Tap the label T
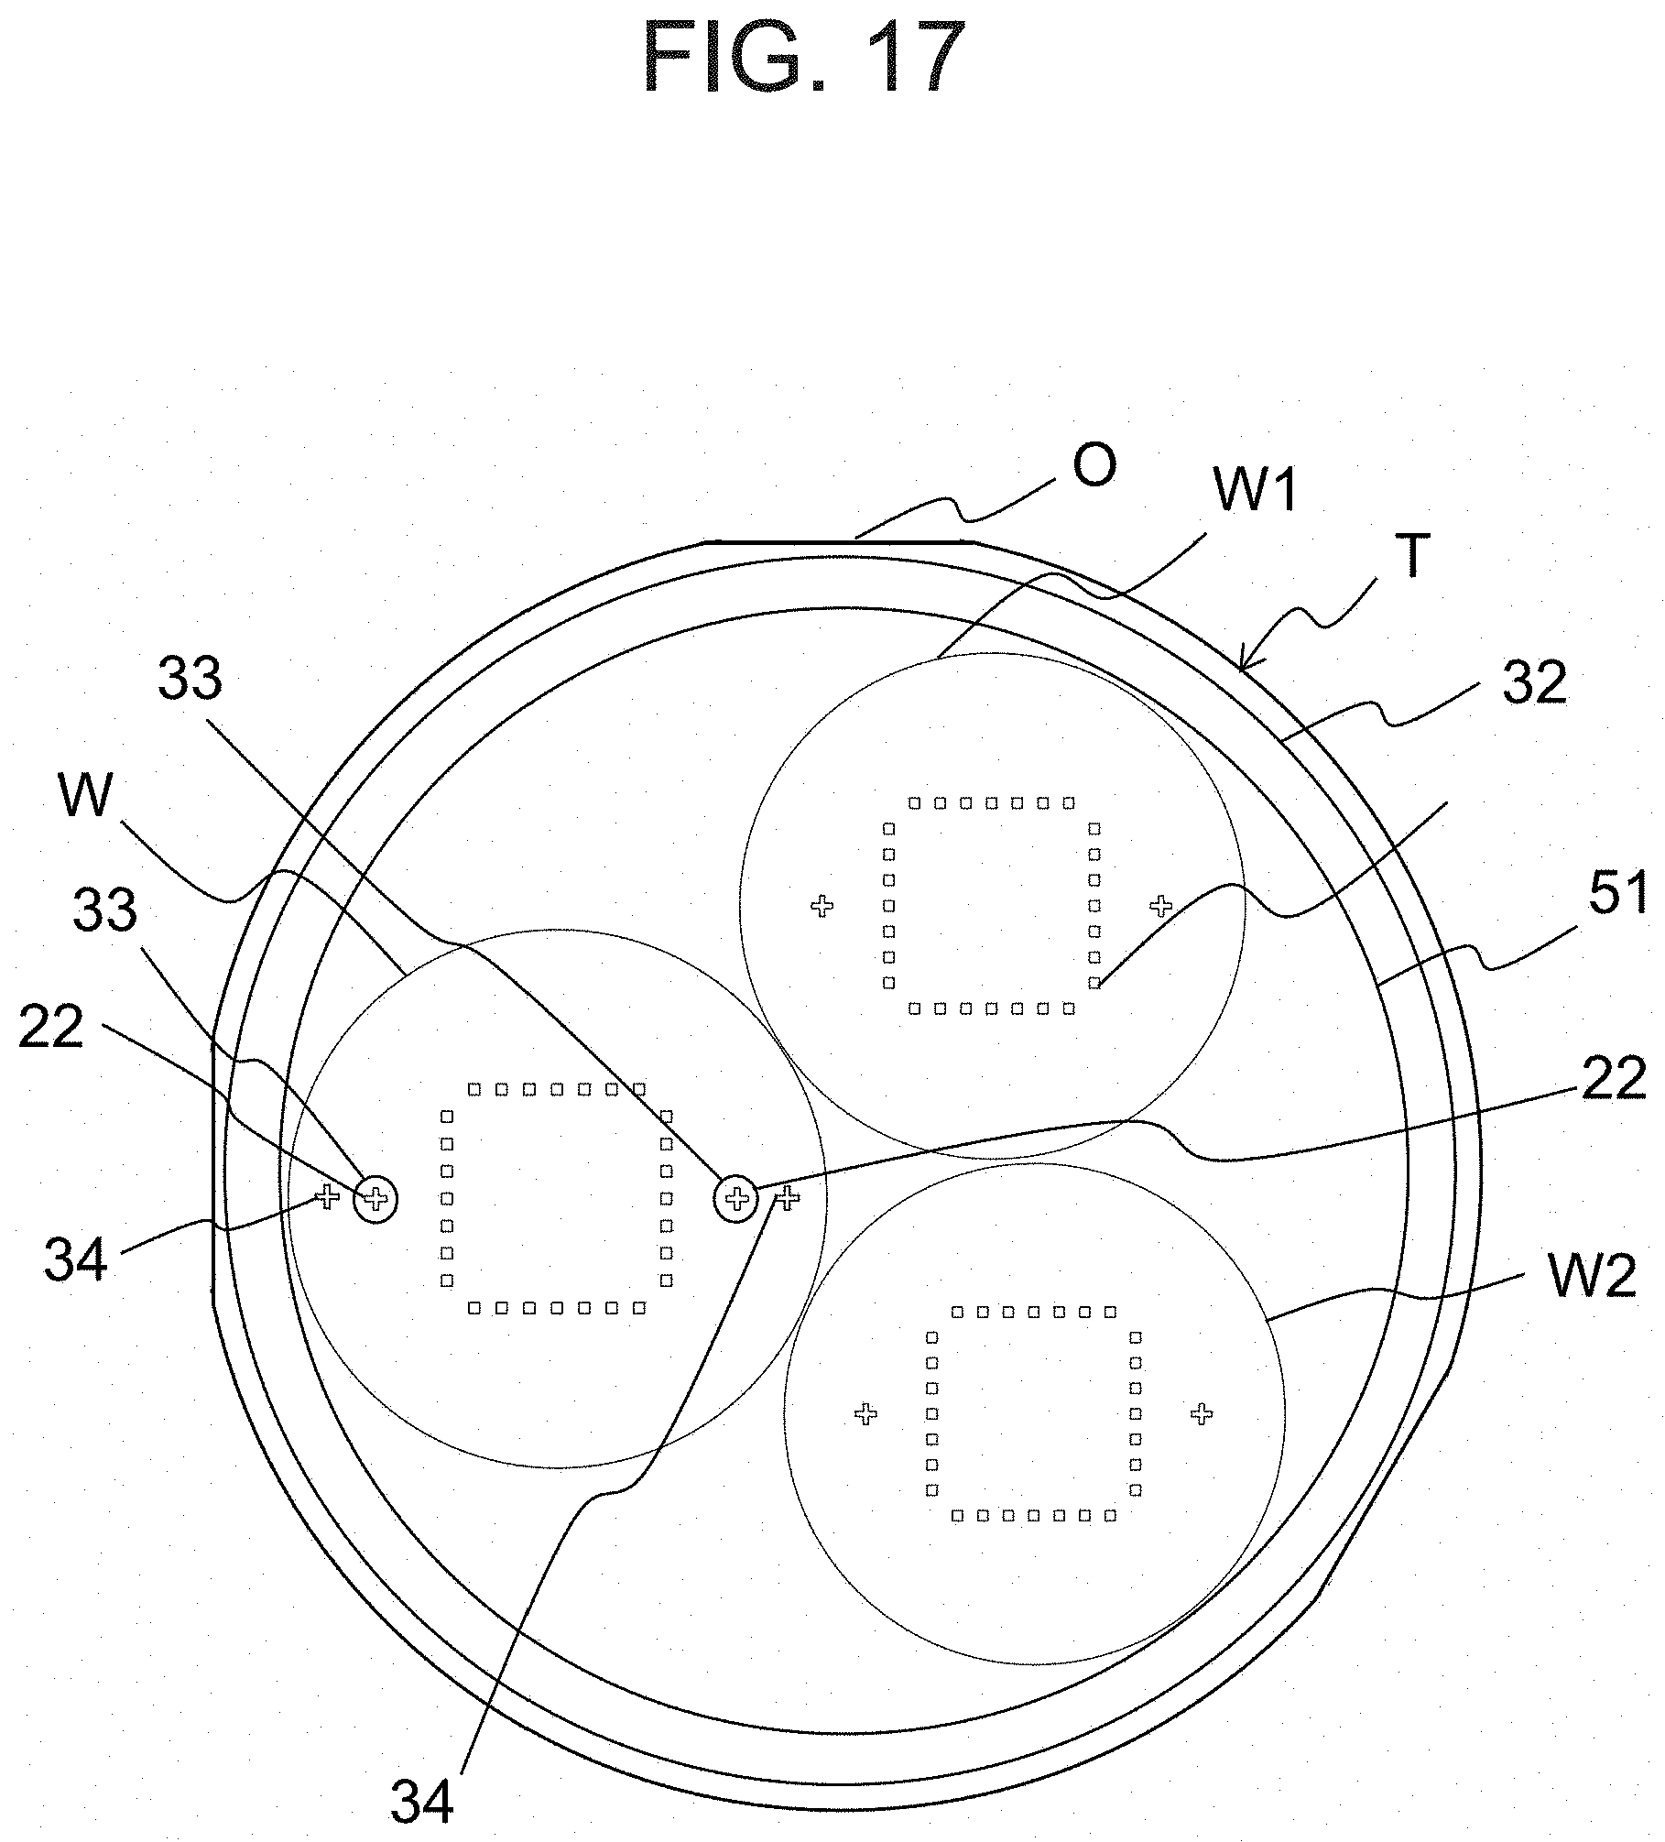(1411, 556)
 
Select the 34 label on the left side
(75, 1260)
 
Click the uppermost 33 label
(190, 680)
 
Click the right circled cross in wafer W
(736, 1197)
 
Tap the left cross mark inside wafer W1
(822, 906)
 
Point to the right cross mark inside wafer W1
(1161, 906)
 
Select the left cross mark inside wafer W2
(865, 1414)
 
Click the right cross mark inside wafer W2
(1202, 1414)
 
